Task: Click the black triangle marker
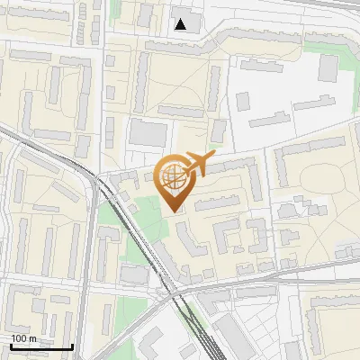182,24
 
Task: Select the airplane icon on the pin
197,164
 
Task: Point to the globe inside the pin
174,176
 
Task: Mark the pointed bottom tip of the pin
175,211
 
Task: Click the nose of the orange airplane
213,157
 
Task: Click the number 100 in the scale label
20,338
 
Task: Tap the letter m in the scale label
32,338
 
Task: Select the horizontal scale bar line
40,346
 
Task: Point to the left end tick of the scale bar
10,345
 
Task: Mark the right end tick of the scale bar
72,345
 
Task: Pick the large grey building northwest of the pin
148,134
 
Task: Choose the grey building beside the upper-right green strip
328,67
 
